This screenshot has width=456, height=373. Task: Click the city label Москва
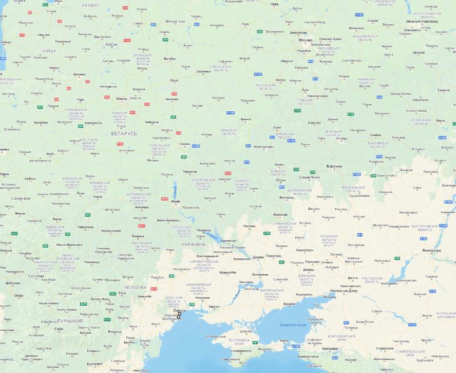pyautogui.click(x=306, y=40)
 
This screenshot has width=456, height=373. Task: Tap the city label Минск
pyautogui.click(x=121, y=98)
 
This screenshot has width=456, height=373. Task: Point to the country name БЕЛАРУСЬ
pyautogui.click(x=124, y=133)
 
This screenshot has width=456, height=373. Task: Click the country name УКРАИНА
pyautogui.click(x=194, y=244)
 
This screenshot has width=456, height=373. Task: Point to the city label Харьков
pyautogui.click(x=279, y=214)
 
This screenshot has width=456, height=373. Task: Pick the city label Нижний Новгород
pyautogui.click(x=434, y=21)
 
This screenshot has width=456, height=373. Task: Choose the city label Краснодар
pyautogui.click(x=329, y=348)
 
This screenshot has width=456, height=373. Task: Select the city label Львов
pyautogui.click(x=56, y=218)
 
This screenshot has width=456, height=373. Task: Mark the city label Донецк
pyautogui.click(x=309, y=269)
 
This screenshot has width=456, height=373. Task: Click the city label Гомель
pyautogui.click(x=184, y=144)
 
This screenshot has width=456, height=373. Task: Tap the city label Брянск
pyautogui.click(x=246, y=119)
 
